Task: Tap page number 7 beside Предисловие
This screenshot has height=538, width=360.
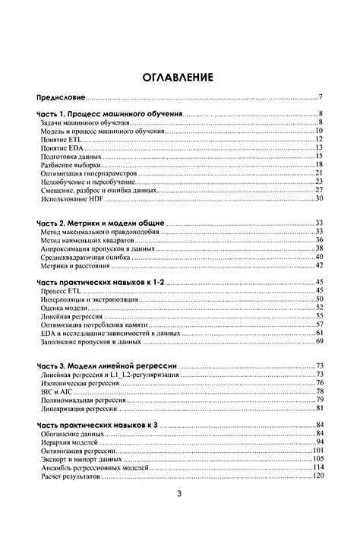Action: point(321,98)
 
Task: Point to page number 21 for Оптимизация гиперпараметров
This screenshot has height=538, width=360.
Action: point(320,173)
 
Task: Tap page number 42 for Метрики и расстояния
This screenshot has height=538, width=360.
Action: point(320,265)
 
